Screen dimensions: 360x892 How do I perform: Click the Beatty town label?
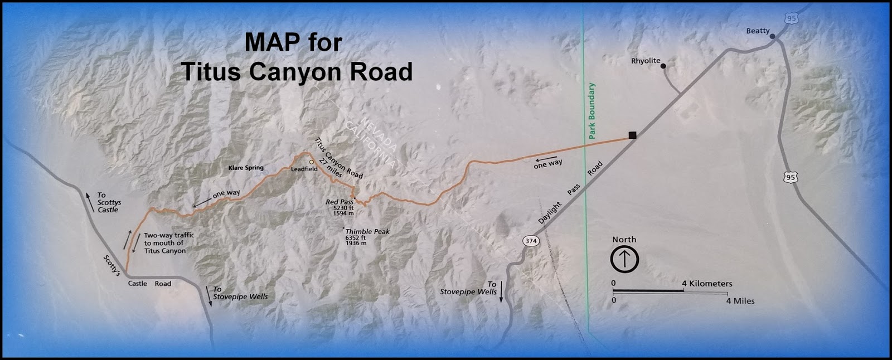(758, 31)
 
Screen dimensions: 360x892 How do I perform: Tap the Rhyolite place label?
(646, 61)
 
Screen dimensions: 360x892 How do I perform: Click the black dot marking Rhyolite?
(663, 66)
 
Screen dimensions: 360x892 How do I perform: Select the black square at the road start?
(632, 135)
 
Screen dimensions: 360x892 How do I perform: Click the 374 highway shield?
(530, 241)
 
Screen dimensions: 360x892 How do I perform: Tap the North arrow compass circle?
(624, 259)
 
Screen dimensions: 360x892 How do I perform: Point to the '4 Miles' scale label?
(740, 301)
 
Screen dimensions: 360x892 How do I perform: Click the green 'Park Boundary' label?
(592, 111)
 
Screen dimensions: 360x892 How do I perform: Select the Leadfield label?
(304, 169)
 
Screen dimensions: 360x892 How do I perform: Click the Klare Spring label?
(246, 168)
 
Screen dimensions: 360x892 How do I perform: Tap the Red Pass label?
(339, 202)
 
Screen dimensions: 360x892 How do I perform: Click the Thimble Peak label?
(367, 231)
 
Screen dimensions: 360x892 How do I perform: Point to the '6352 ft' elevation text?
(355, 237)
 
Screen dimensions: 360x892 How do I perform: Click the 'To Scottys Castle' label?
(108, 202)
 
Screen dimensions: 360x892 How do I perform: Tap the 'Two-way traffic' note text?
(169, 235)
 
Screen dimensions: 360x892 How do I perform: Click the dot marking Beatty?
(773, 37)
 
